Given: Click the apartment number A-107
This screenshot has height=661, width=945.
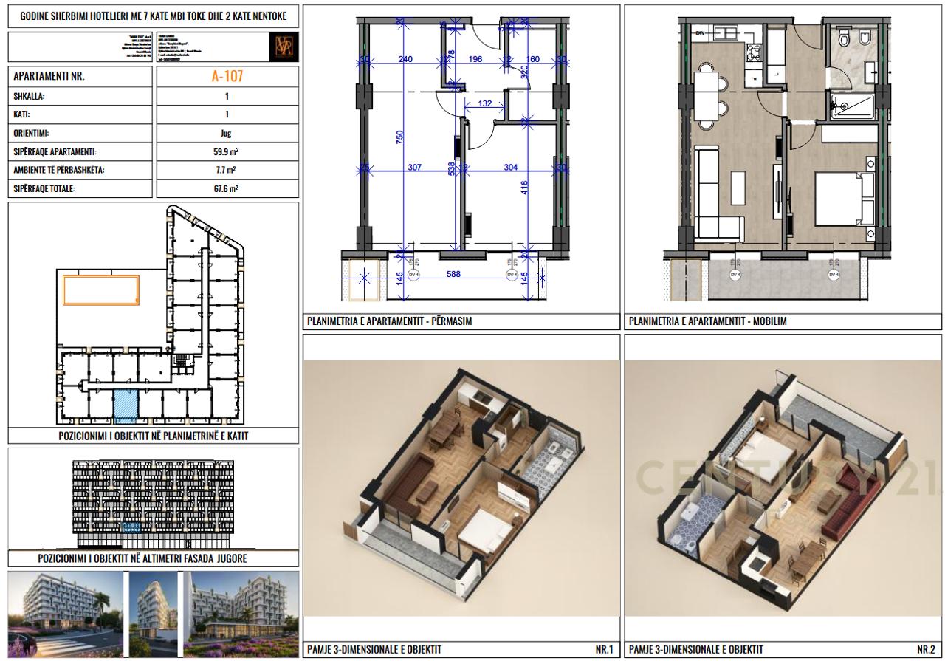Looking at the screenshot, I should (227, 75).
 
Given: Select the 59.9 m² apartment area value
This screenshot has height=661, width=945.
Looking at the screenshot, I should (227, 152).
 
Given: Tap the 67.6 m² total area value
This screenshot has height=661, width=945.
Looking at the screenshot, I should (227, 189).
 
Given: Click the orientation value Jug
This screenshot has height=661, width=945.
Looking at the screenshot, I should (227, 134).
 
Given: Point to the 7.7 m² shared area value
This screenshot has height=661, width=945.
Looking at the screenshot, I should (227, 171).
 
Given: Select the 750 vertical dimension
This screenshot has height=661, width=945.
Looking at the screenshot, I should (399, 138).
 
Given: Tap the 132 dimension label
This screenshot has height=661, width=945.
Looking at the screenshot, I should (484, 104).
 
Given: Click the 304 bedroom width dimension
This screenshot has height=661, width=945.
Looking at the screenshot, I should (511, 168).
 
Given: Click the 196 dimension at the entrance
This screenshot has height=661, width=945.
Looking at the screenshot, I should (475, 60).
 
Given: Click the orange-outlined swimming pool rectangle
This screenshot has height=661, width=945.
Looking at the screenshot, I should (101, 290).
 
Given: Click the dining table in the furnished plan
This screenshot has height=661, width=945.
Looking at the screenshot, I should (707, 92).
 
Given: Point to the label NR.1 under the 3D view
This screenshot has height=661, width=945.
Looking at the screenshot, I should (604, 650).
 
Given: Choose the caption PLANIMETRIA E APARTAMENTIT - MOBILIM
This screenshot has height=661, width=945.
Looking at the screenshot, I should (707, 322).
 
